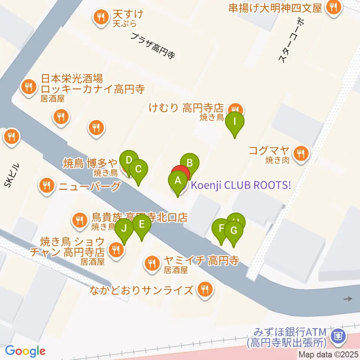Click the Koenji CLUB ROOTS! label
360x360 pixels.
(x=241, y=185)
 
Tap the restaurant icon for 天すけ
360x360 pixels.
(x=100, y=16)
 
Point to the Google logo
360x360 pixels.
(x=25, y=351)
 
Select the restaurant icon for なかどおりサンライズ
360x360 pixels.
(x=205, y=289)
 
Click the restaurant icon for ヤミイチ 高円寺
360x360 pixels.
(x=151, y=264)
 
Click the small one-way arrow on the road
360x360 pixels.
(x=348, y=299)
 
